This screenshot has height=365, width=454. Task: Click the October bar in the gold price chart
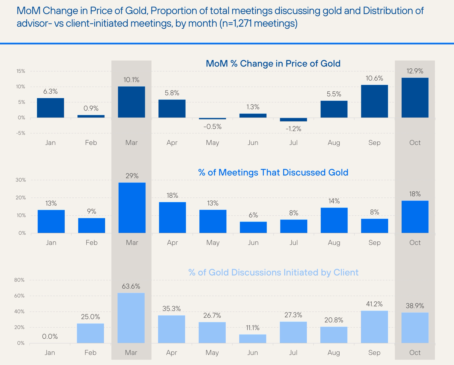click(x=415, y=98)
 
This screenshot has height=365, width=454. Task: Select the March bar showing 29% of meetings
click(x=132, y=208)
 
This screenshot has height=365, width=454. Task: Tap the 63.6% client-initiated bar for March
click(x=131, y=318)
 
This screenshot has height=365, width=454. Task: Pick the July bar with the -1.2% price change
click(x=293, y=120)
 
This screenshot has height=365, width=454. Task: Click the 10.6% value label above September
click(x=374, y=78)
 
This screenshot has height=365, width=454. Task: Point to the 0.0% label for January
click(x=50, y=336)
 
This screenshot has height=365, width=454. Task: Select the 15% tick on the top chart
click(x=21, y=71)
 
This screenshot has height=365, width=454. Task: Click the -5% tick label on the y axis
click(x=20, y=133)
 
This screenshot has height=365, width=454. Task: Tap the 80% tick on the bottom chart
click(x=19, y=280)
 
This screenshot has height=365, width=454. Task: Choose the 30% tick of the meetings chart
click(x=21, y=180)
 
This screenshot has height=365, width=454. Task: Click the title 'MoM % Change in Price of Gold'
click(x=273, y=64)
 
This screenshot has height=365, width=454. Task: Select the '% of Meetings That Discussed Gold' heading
click(x=273, y=172)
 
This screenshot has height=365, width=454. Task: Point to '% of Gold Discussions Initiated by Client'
click(x=273, y=272)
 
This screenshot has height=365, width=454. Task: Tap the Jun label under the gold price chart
click(x=253, y=143)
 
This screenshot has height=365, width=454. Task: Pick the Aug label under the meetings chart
click(x=334, y=242)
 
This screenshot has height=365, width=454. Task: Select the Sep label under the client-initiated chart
click(x=374, y=353)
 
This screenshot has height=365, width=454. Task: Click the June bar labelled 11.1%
click(x=253, y=339)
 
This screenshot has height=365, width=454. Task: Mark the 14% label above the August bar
click(x=334, y=201)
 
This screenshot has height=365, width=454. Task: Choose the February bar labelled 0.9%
click(x=91, y=116)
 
